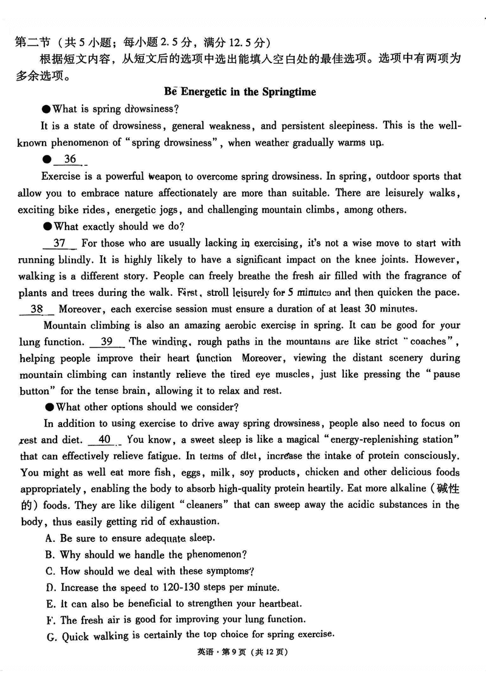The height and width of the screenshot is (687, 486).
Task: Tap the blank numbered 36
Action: pos(70,160)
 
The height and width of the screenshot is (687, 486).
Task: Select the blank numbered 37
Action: pos(60,243)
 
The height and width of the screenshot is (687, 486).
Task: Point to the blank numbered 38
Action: pos(36,309)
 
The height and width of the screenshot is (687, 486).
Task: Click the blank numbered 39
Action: pos(106,341)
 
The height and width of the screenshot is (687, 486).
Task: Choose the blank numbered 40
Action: pos(104,439)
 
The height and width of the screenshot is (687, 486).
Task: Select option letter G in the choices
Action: pos(49,635)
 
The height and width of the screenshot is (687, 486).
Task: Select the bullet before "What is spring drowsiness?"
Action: pos(46,109)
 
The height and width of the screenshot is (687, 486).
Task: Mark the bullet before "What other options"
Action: pos(46,406)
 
